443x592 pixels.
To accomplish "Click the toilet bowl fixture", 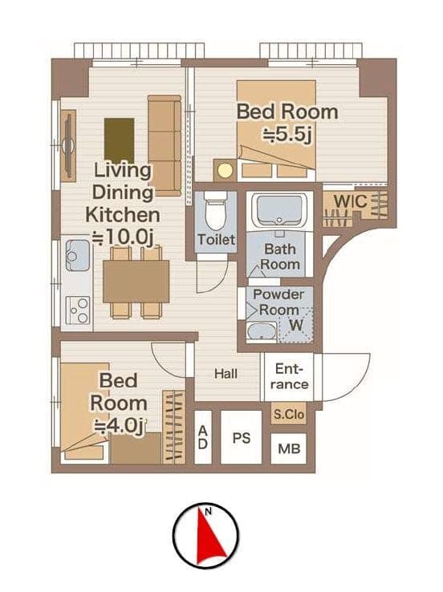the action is [x=216, y=212].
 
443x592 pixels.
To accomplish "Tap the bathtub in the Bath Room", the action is [x=279, y=210].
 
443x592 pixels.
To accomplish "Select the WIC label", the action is [x=350, y=201].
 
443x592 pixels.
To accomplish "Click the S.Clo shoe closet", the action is [x=289, y=414].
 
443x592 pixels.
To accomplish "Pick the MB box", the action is [x=289, y=448].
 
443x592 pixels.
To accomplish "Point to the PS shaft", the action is [x=241, y=437].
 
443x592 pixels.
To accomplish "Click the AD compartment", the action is [x=203, y=437].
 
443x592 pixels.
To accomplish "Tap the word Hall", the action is [x=226, y=374].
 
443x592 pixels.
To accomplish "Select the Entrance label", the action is [x=289, y=376].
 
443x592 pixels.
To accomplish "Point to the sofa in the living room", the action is [x=165, y=146].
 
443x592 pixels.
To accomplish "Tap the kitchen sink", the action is [x=77, y=255].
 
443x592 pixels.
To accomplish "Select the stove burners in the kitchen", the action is [x=78, y=310].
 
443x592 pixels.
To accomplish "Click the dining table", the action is [x=136, y=282].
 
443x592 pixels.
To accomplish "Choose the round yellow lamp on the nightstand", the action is [x=225, y=170].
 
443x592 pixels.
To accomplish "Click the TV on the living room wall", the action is [x=68, y=146].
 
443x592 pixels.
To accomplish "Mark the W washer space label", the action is [x=296, y=325].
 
